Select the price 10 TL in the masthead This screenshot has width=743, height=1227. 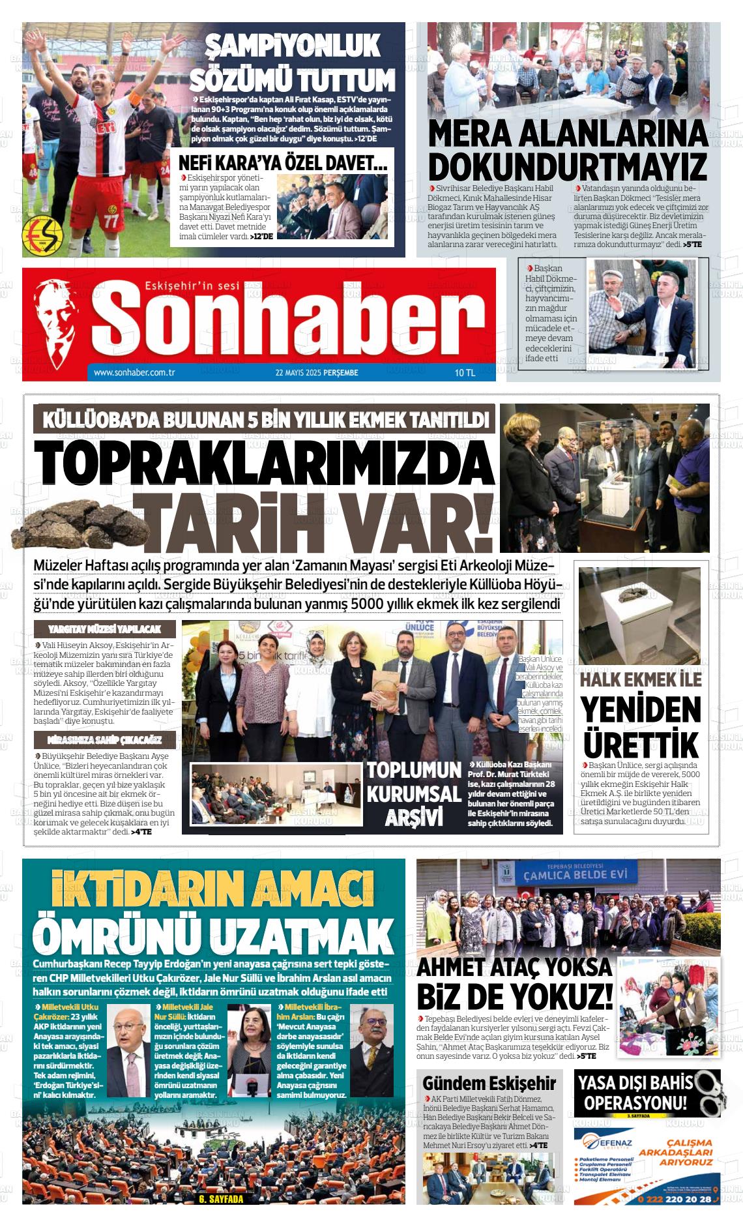465,373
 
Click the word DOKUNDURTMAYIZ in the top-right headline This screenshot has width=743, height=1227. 567,166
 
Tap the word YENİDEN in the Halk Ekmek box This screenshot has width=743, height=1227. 641,711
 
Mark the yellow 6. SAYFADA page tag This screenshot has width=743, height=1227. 220,1199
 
